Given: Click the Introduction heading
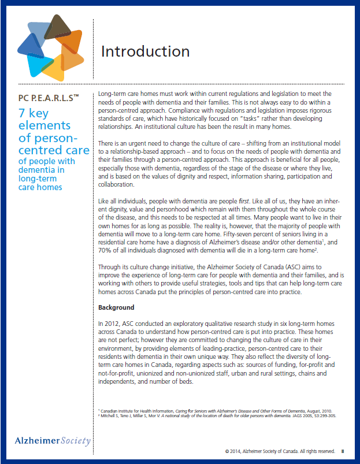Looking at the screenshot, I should [145, 51].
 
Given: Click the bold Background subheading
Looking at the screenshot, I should [116, 307].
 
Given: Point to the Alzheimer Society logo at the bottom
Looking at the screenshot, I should [53, 441].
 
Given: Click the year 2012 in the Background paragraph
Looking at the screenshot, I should [116, 324].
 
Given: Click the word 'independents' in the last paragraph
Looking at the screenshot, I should [118, 382].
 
